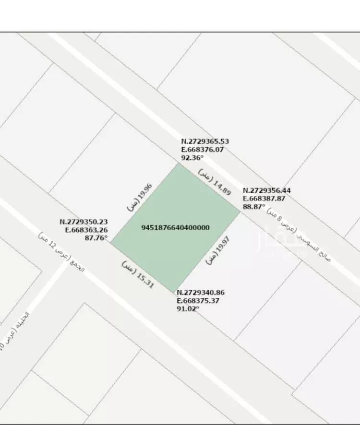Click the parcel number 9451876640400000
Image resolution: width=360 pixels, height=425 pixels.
[176, 227]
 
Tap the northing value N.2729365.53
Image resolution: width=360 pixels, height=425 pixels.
[205, 142]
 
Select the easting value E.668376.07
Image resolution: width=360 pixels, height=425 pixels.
[202, 149]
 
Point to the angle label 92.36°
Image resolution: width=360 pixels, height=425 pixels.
[192, 157]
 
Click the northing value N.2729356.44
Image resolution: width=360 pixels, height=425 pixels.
[267, 190]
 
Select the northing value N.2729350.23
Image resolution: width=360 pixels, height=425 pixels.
[84, 222]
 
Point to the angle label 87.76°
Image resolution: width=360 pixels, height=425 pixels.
[96, 237]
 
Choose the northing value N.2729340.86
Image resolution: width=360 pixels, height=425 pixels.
[201, 293]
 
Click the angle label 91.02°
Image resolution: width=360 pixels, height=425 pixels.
[188, 308]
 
